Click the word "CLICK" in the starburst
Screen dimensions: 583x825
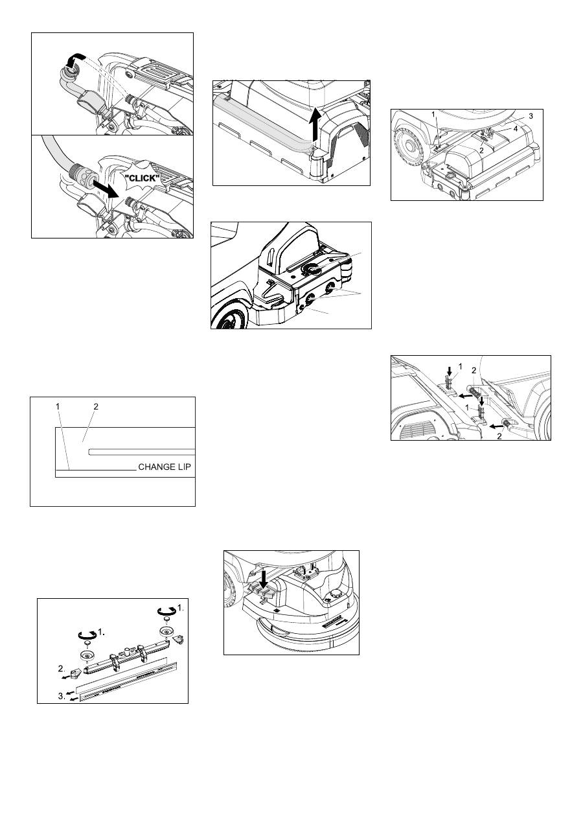click(x=143, y=178)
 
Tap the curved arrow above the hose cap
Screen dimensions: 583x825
click(x=74, y=60)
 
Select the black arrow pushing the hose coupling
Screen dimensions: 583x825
click(x=104, y=188)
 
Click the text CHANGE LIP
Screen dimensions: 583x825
click(x=165, y=467)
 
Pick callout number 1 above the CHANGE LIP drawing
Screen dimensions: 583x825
click(x=58, y=406)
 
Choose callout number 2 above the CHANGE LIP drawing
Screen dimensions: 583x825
click(x=96, y=406)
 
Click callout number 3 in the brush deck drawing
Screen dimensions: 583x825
click(x=531, y=116)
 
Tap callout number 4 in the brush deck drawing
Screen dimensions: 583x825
click(x=516, y=129)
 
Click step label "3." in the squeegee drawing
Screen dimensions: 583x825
click(x=62, y=696)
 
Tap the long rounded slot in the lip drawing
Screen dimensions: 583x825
click(x=142, y=452)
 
